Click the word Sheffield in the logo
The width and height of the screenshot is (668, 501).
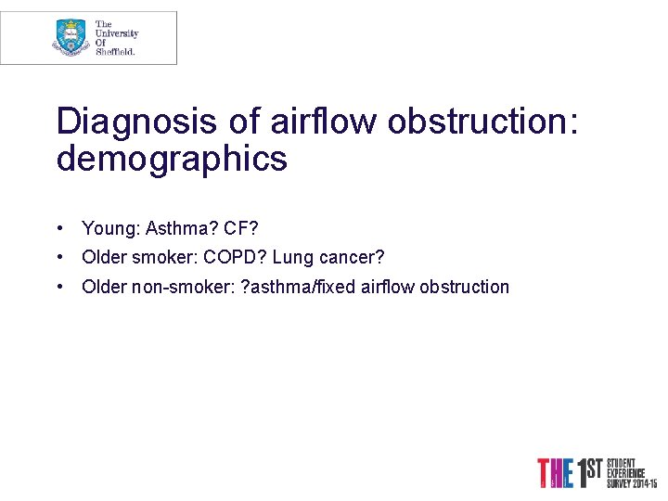pos(116,52)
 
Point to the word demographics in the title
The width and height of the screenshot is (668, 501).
pos(172,160)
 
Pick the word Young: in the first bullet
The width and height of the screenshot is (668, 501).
pos(110,228)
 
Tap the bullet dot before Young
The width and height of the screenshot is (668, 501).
pos(59,228)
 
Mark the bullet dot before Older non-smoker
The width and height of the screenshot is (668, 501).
pos(59,287)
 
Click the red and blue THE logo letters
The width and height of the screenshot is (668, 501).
pos(557,473)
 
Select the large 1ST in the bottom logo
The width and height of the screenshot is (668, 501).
pos(590,472)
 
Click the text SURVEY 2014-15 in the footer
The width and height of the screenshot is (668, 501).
pos(632,484)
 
